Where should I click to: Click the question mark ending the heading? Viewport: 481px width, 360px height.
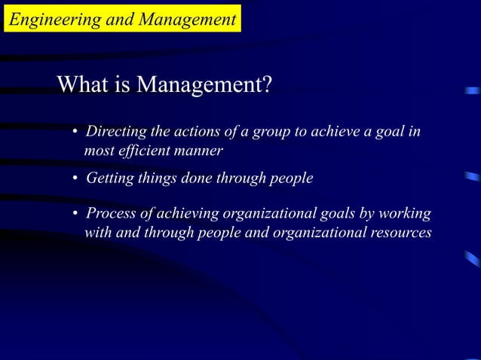(265, 85)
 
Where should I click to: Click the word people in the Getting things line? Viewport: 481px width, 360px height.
(290, 178)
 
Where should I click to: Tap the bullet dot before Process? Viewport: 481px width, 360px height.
(75, 215)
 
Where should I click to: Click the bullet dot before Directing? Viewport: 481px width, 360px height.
(75, 134)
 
